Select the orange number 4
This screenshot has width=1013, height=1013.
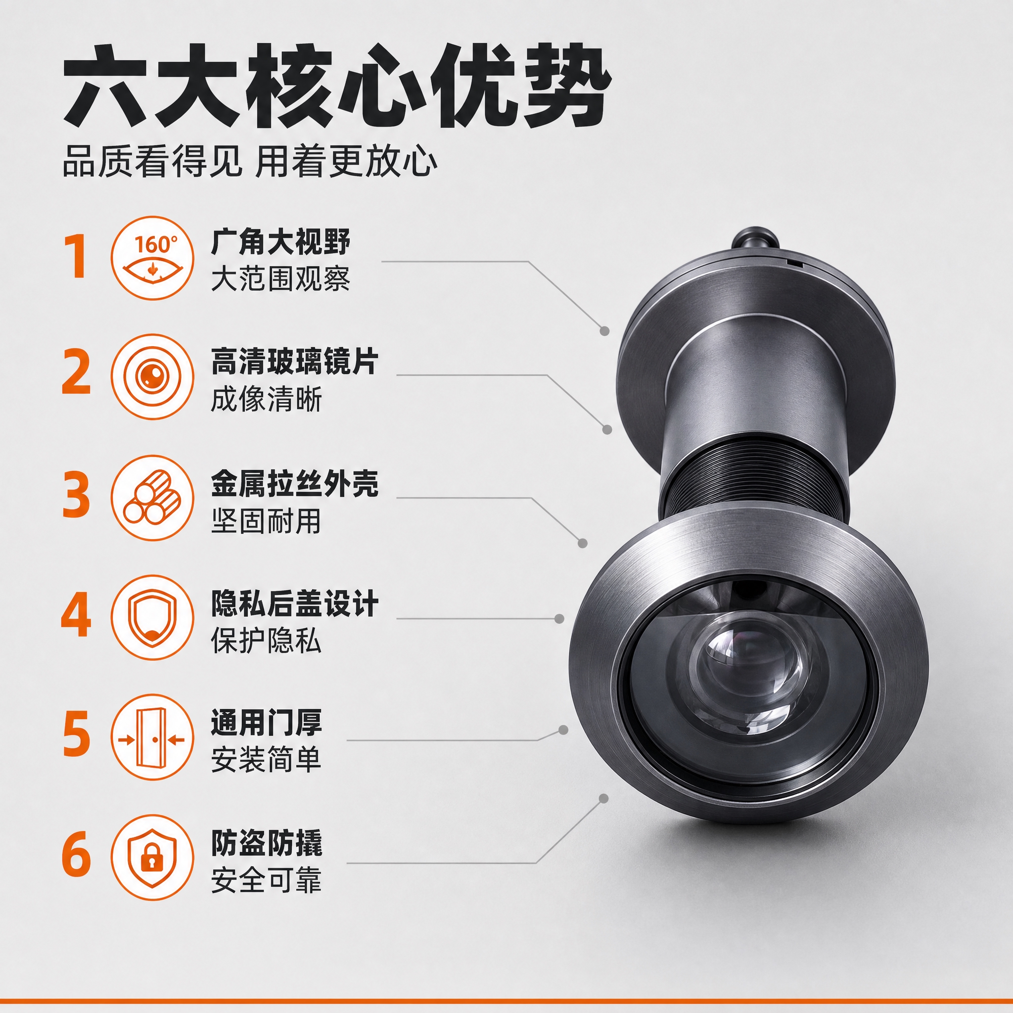coord(77,614)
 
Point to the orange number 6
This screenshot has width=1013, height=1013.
coord(77,855)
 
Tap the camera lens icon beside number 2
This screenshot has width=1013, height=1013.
coord(152,376)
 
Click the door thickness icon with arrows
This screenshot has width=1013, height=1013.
coord(152,736)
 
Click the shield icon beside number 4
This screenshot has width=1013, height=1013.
coord(152,617)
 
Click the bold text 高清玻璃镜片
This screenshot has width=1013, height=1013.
coord(295,362)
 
